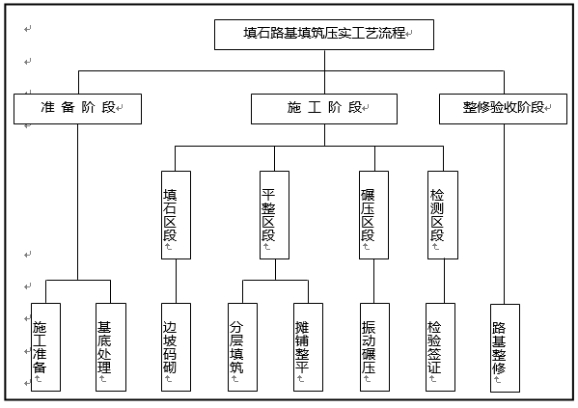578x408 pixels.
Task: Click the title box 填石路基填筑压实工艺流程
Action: (x=323, y=34)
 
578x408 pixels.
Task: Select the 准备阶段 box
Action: (x=77, y=108)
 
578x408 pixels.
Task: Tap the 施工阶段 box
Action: (x=324, y=108)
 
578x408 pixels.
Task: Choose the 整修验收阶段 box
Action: (x=502, y=108)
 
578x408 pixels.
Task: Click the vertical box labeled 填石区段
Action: (x=175, y=213)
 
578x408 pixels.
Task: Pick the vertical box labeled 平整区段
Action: (x=274, y=213)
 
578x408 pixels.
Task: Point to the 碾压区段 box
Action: (x=373, y=213)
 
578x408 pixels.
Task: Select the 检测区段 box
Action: (x=442, y=213)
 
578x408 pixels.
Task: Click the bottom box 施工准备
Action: (x=45, y=347)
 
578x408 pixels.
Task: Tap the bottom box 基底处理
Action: (x=111, y=347)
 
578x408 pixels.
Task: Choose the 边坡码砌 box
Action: (x=176, y=347)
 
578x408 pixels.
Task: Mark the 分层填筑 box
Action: (x=242, y=347)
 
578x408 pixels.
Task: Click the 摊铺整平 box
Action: (x=308, y=347)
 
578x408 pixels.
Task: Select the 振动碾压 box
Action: (x=373, y=347)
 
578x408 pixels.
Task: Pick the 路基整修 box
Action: (x=505, y=347)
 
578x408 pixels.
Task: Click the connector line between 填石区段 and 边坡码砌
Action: (x=175, y=281)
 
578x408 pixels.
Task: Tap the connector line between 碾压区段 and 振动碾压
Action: (x=373, y=281)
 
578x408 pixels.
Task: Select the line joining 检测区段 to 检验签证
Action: (x=442, y=281)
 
